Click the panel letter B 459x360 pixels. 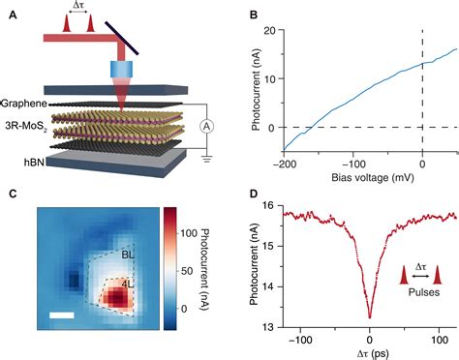coord(253,14)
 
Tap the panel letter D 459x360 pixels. coord(253,195)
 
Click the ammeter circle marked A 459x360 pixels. coord(206,125)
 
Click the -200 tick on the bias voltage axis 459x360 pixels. coord(288,164)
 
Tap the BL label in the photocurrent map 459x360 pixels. coord(129,256)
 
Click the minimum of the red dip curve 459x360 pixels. coord(370,315)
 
